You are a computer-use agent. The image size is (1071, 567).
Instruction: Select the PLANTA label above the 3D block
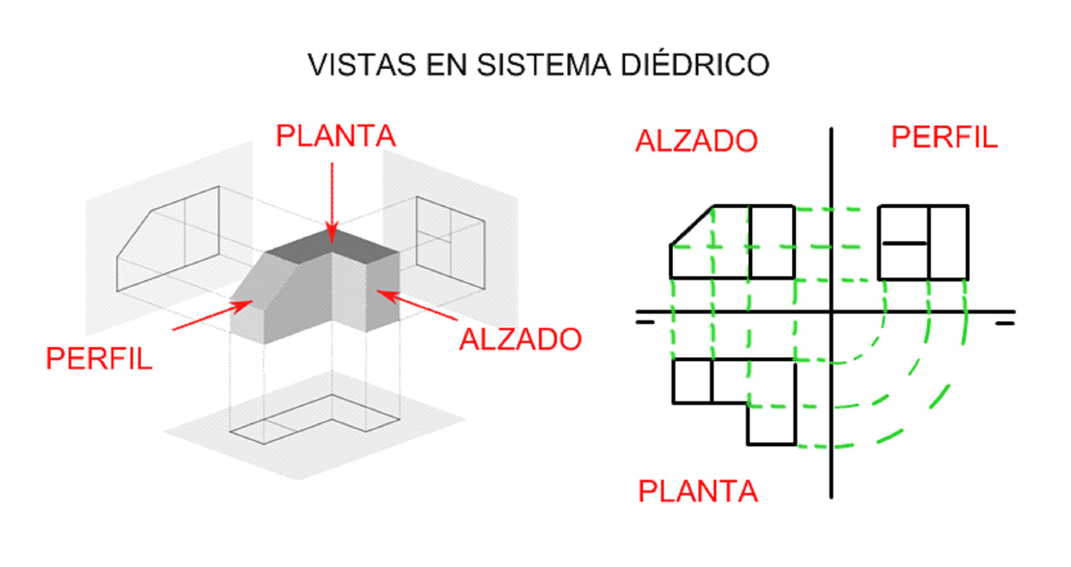click(336, 136)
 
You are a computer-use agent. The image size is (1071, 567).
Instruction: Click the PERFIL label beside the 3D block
click(99, 359)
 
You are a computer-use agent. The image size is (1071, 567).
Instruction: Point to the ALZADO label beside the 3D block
click(520, 339)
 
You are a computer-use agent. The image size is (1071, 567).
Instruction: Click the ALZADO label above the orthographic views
click(696, 141)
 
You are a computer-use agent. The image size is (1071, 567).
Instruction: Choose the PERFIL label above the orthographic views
click(944, 137)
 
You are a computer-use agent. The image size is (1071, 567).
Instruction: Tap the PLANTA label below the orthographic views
click(698, 491)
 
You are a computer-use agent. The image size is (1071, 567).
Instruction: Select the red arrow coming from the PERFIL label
click(210, 317)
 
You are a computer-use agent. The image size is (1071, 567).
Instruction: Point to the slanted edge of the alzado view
click(692, 225)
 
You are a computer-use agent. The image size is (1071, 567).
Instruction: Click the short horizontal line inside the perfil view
click(904, 243)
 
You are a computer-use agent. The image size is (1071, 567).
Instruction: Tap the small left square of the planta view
click(692, 381)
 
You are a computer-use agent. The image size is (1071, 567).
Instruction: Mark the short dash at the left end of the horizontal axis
click(645, 323)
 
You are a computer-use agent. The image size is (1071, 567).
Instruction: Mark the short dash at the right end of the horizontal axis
click(1004, 324)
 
